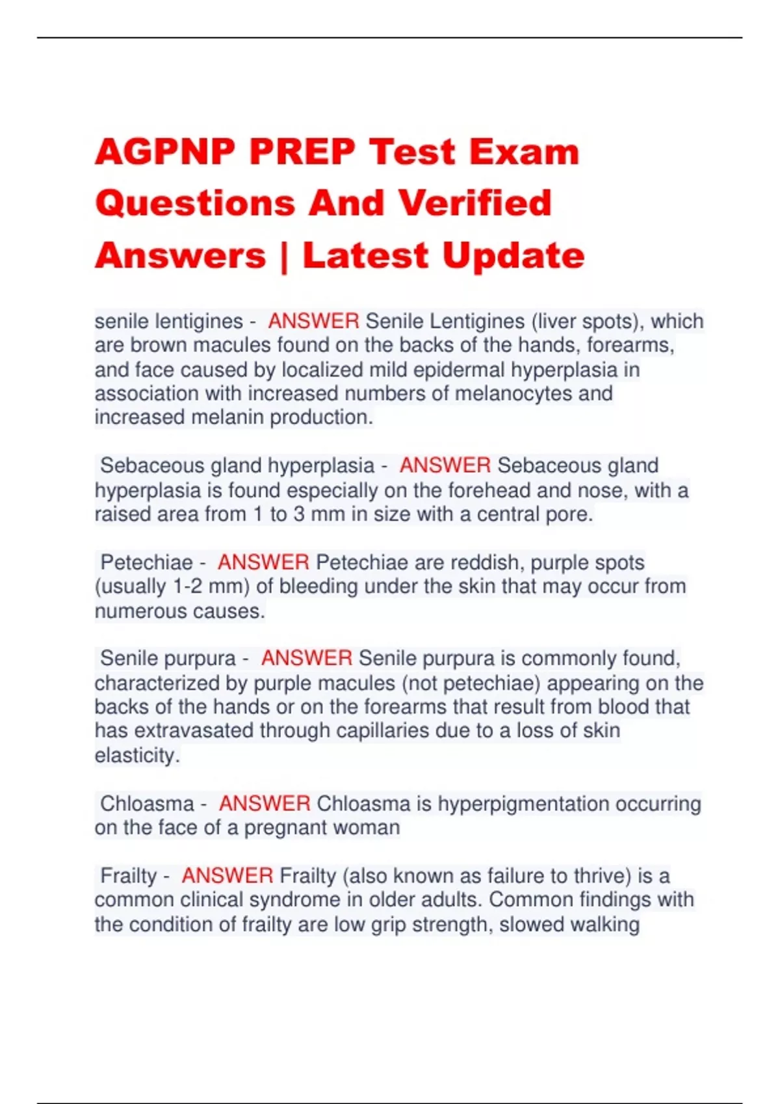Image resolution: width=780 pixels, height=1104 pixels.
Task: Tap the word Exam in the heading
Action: [524, 153]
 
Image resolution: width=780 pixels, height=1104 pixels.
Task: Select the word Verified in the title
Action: [474, 203]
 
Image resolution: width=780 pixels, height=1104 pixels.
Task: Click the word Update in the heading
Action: [513, 255]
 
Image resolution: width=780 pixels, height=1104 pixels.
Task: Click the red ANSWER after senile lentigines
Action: [313, 321]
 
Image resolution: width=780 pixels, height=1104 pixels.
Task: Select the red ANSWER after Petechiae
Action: [263, 562]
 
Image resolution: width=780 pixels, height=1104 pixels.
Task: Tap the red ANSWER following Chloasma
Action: [265, 803]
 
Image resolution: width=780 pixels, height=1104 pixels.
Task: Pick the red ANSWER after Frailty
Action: [227, 875]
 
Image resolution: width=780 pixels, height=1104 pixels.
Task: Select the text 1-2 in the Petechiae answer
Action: [187, 586]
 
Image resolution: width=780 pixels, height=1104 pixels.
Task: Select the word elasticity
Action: [136, 755]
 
